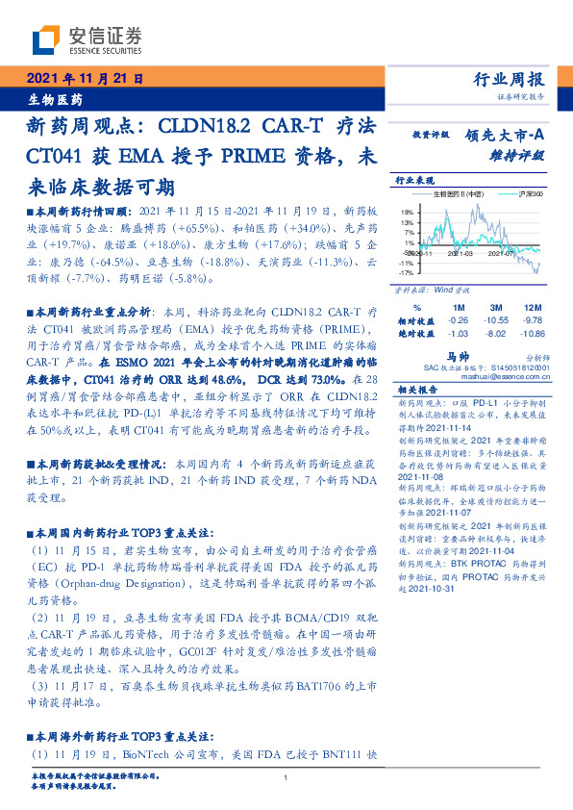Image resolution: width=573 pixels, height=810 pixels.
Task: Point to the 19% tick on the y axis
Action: tap(408, 212)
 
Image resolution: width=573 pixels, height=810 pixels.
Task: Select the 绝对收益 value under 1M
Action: tap(459, 333)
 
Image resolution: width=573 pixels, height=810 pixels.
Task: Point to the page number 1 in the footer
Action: tap(286, 778)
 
